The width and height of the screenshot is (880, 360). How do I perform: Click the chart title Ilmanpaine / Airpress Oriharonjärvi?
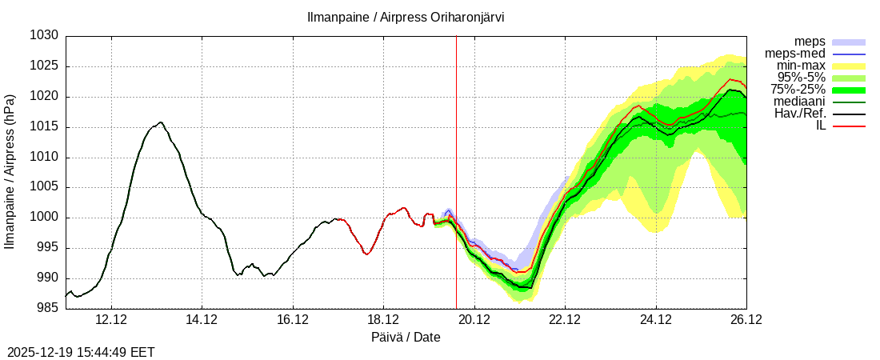[406, 17]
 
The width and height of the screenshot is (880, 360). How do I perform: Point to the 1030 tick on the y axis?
[45, 36]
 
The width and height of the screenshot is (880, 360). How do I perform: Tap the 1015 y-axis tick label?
[45, 127]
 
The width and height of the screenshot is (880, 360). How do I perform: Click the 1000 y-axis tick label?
[45, 218]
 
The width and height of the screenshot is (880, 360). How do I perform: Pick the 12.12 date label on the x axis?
[110, 320]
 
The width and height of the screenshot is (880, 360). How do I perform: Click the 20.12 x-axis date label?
[474, 320]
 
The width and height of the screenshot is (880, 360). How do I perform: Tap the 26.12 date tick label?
[746, 320]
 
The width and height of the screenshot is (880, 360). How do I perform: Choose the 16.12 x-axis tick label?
[292, 320]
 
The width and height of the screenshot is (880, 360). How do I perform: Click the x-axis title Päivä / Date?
[406, 337]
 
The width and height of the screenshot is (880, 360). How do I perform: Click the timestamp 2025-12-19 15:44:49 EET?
[81, 352]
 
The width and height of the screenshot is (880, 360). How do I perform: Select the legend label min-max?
[801, 66]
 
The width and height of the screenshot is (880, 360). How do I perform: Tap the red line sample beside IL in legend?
[849, 126]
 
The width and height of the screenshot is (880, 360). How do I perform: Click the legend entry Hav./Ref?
[800, 114]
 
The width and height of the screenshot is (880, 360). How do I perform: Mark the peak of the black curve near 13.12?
[161, 122]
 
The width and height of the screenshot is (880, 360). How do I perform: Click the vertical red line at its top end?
[456, 37]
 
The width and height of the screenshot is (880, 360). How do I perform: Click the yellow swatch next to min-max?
[849, 66]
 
